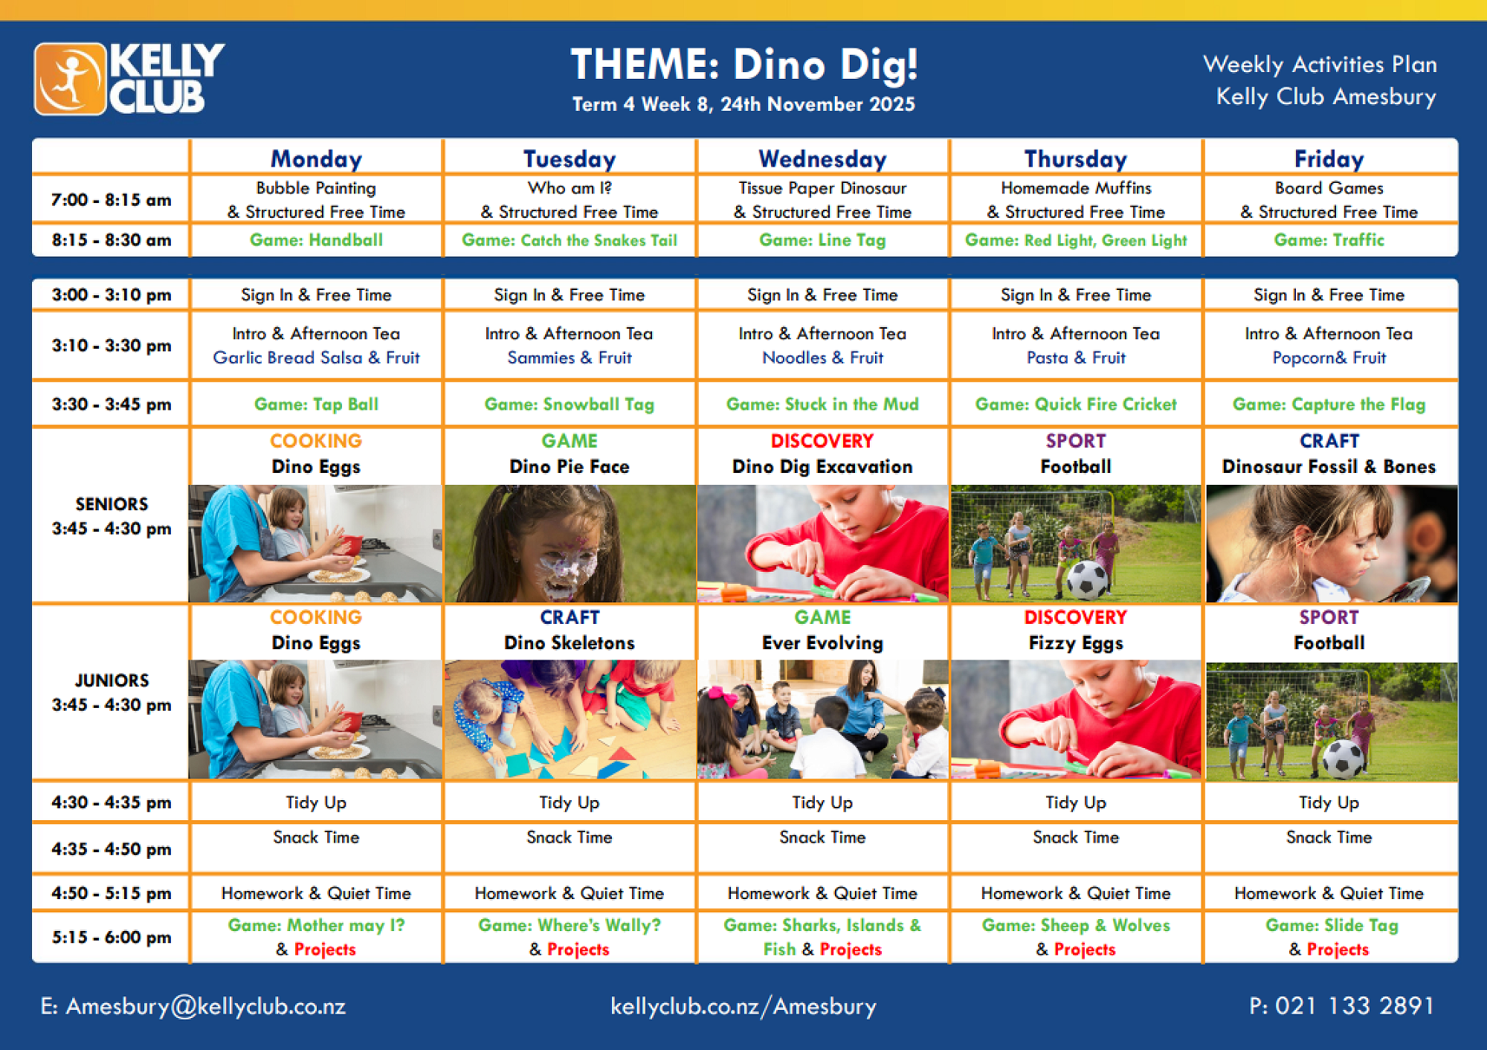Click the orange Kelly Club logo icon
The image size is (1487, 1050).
pos(70,79)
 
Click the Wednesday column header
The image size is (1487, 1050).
pos(822,158)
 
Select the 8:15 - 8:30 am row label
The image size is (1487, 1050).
pos(112,240)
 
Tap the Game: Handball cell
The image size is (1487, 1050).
pos(316,239)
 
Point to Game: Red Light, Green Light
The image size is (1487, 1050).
pos(1076,240)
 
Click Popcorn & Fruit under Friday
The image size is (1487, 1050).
pos(1329,358)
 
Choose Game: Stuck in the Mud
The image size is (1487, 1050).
pos(822,404)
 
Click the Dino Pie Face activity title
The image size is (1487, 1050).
pos(570,466)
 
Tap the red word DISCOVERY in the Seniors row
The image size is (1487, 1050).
pos(822,441)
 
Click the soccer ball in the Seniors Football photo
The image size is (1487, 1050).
pos(1086,579)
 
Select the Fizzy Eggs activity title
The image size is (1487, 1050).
pos(1076,643)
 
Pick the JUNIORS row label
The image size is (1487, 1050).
pos(112,680)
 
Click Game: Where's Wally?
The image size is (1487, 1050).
pos(570,925)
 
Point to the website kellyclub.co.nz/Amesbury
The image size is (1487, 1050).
pos(743,1006)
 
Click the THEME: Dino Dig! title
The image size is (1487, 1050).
pos(743,64)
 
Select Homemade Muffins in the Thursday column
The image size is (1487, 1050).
pos(1076,188)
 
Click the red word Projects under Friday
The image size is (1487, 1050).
pos(1338,950)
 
